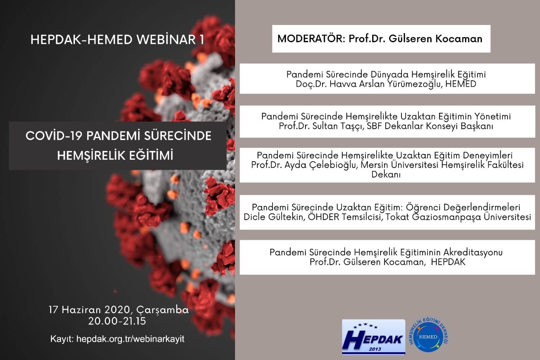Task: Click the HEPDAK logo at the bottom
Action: (374, 337)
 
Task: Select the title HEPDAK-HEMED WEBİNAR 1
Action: (118, 40)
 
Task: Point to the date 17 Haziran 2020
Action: (90, 310)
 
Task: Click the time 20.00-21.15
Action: (117, 321)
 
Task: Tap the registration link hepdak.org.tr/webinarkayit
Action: (130, 339)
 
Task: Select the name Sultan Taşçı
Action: (338, 126)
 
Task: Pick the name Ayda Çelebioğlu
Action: (320, 165)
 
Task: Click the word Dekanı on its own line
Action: (386, 174)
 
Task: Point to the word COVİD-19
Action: (54, 136)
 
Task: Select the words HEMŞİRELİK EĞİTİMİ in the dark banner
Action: (115, 156)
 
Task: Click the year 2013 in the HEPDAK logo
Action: (375, 349)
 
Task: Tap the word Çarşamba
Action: (162, 310)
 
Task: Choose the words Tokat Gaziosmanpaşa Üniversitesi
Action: (458, 217)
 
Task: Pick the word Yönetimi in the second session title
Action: (492, 117)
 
